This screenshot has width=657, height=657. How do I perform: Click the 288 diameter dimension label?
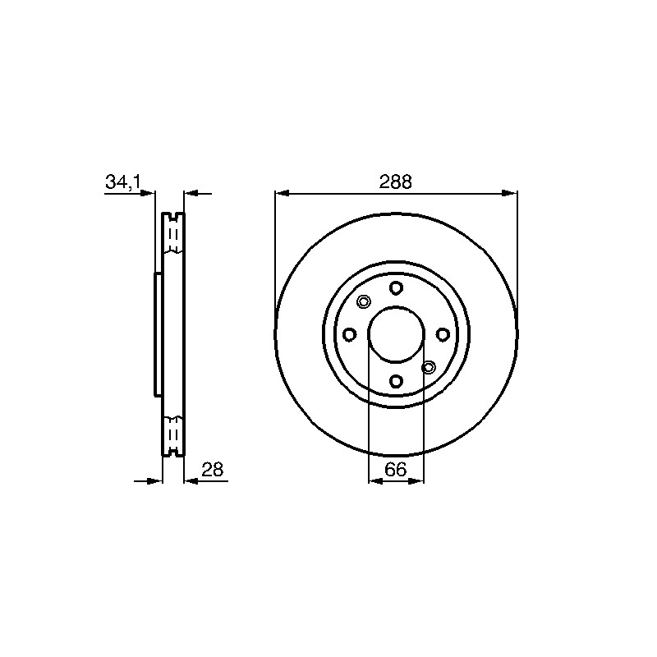click(x=396, y=182)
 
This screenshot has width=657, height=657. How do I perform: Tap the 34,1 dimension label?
click(x=124, y=182)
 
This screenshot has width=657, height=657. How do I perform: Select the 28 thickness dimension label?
click(x=213, y=470)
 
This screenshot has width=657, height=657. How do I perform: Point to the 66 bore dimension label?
click(x=396, y=470)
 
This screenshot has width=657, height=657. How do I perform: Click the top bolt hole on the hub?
click(x=396, y=288)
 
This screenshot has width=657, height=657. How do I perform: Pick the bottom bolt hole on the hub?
click(x=396, y=381)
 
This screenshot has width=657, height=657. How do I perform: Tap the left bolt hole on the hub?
click(x=350, y=334)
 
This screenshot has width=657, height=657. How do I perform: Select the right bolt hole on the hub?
click(x=443, y=334)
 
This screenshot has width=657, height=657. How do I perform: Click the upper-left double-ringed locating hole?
click(x=364, y=301)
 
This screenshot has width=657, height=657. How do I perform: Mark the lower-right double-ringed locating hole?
click(x=428, y=367)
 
